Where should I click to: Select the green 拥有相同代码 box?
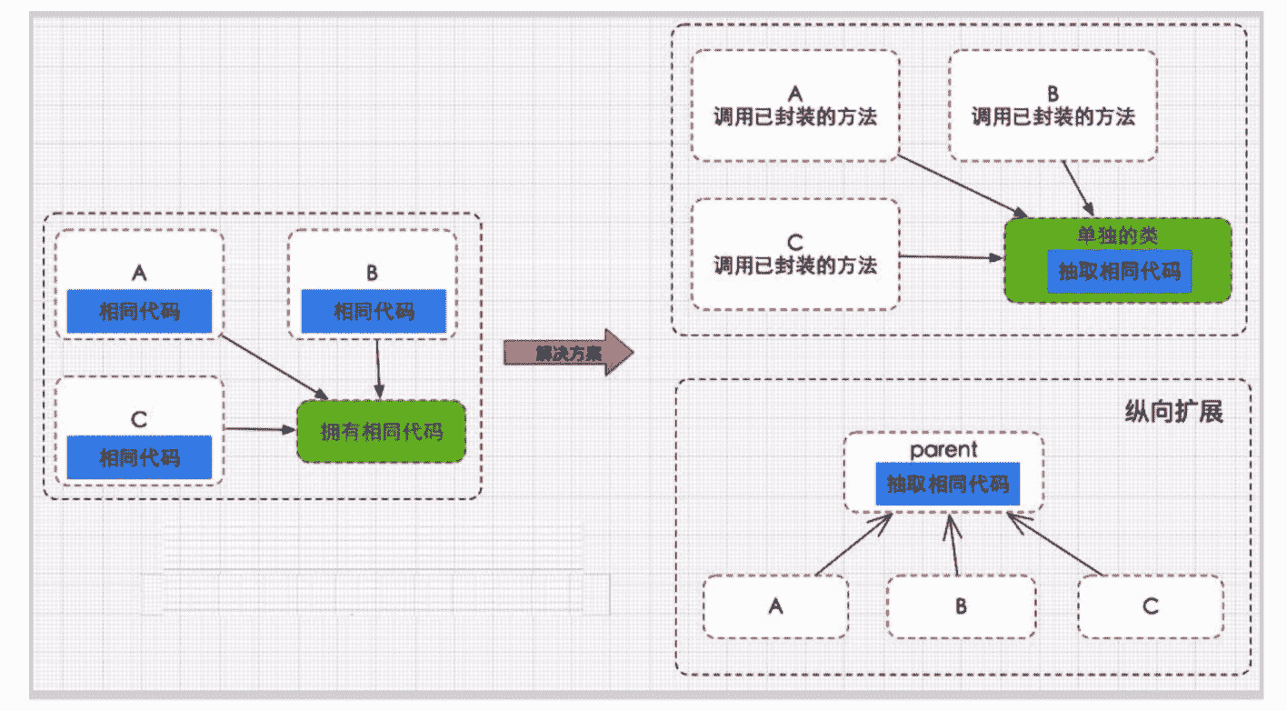coord(382,432)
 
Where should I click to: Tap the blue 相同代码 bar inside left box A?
coord(139,312)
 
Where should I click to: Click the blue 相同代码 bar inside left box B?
coord(374,312)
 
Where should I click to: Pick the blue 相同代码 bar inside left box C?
coord(139,457)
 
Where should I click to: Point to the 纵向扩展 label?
coord(1174,412)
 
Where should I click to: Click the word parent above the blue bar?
coord(944,450)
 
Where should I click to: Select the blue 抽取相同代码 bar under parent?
coord(947,485)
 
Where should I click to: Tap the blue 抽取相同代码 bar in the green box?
coord(1119,271)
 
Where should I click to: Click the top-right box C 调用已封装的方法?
coord(795,255)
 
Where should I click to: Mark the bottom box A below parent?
coord(775,606)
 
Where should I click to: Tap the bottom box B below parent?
coord(961,606)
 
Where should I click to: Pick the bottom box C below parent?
coord(1151,606)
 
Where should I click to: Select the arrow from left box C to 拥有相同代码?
coord(261,428)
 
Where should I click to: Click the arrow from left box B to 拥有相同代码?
coord(377,368)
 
